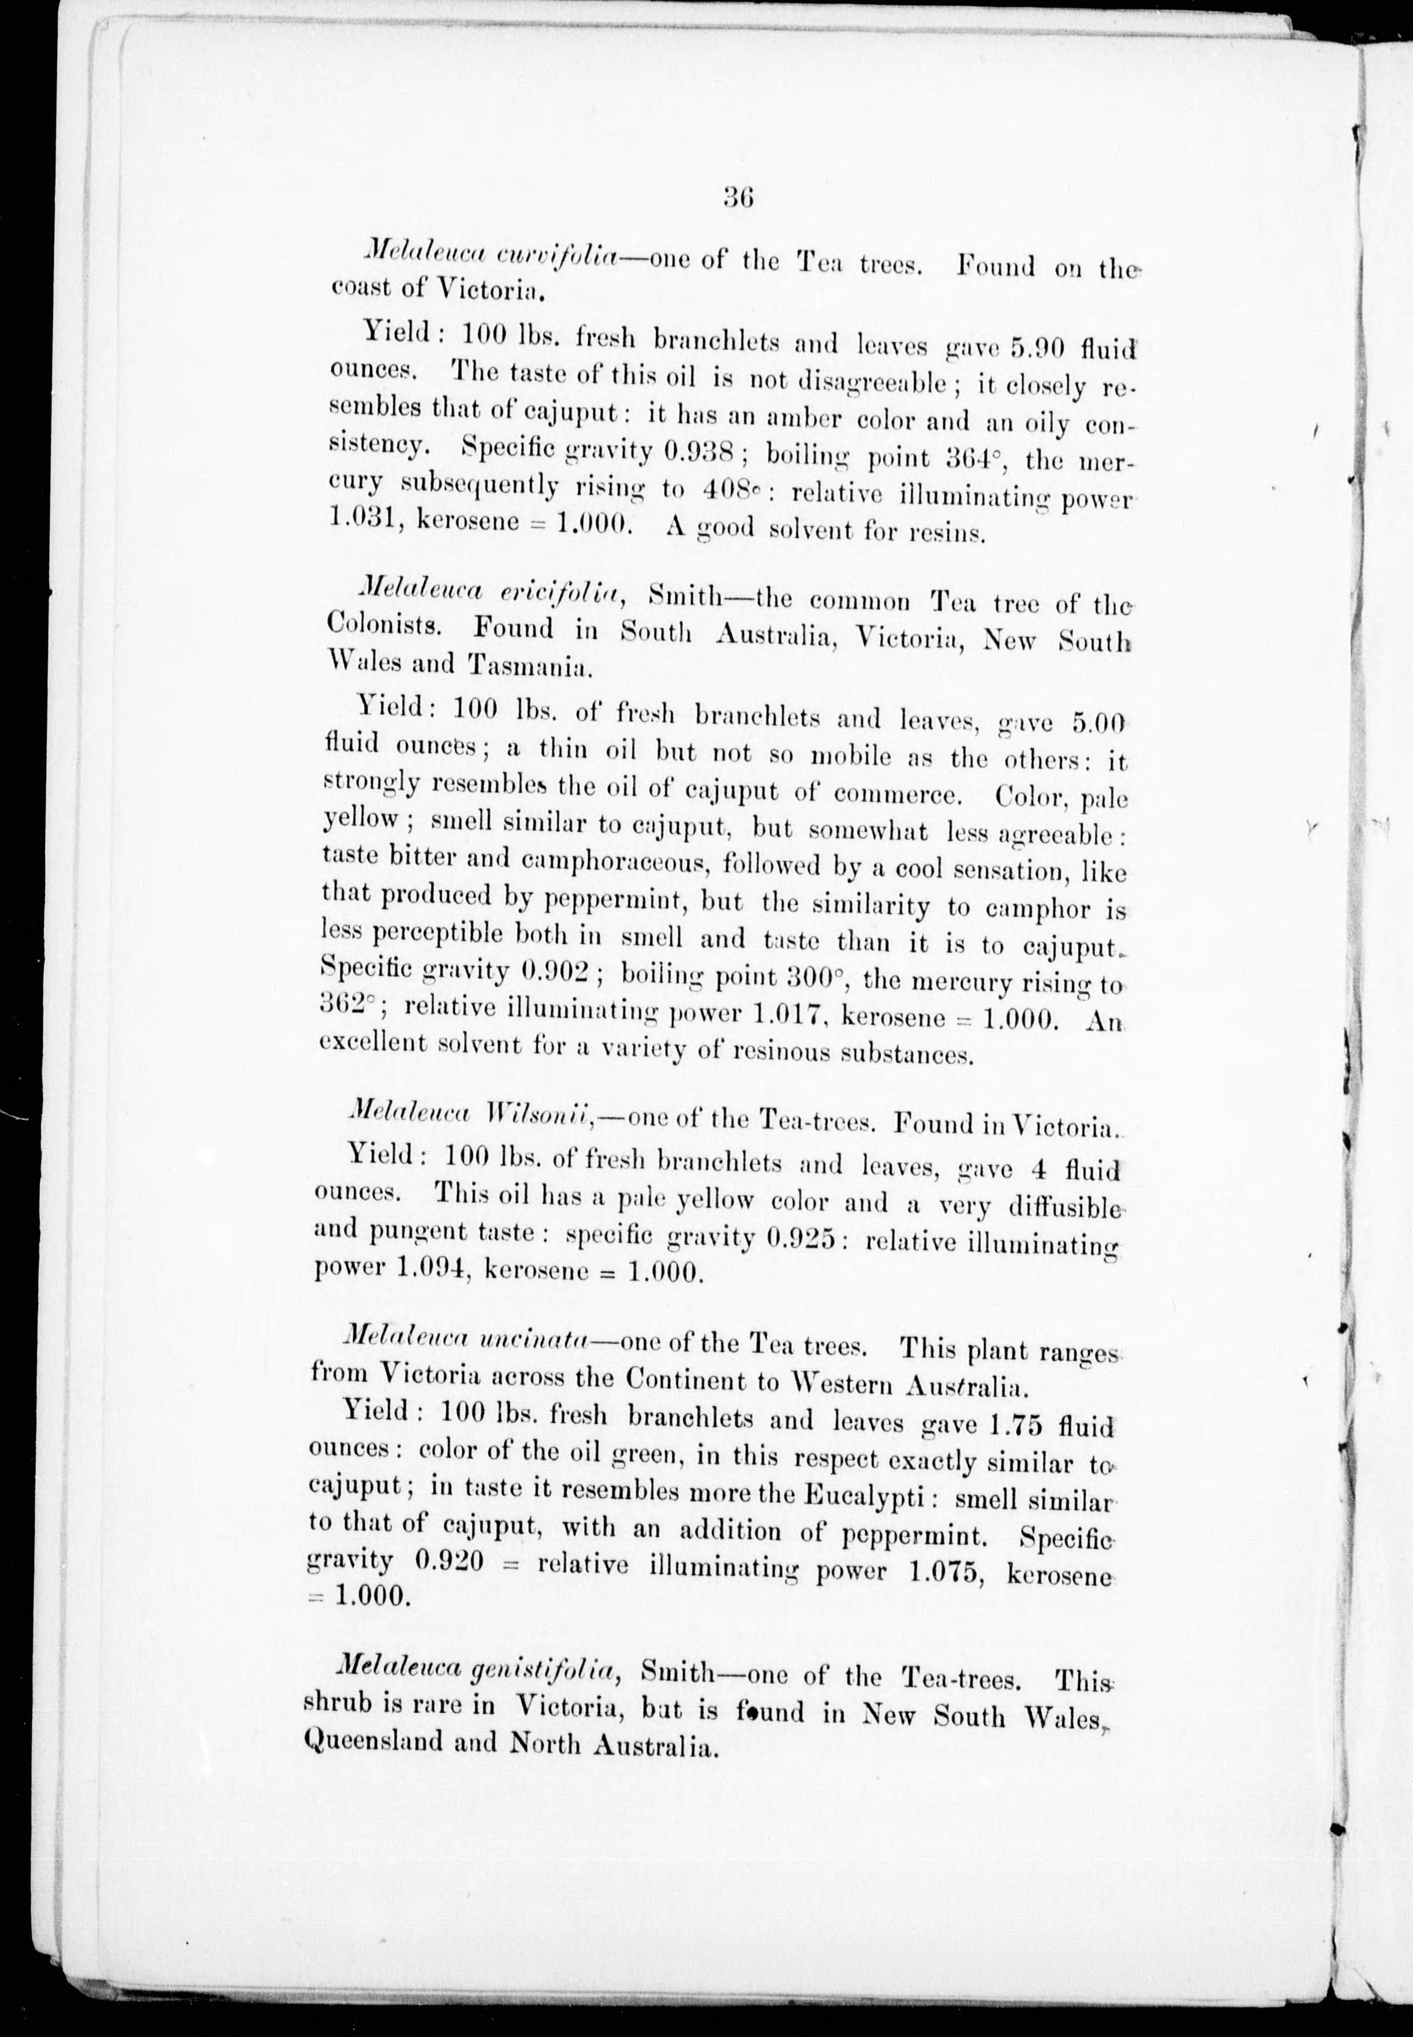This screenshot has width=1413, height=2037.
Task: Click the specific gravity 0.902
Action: [x=556, y=972]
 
